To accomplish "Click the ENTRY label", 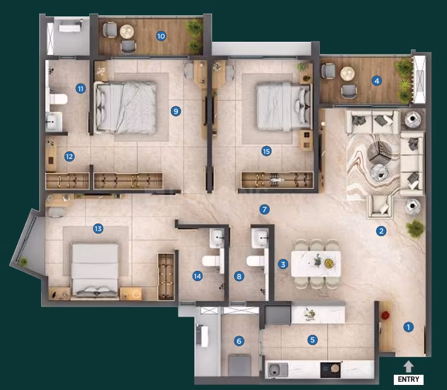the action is point(408,379).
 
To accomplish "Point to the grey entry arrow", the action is point(408,367).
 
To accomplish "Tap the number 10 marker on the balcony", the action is point(161,36).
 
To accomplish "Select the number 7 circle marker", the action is point(265,210).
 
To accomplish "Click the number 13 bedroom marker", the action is point(98,229).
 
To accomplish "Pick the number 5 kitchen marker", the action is point(312,340).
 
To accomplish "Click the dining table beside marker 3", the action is point(316,264).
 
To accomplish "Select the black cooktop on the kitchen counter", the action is point(331,370).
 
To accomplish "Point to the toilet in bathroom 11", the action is point(58,99).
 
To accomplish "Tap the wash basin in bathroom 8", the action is point(260,238).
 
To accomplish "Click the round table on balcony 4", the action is point(348,74).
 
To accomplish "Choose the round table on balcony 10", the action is point(127,32).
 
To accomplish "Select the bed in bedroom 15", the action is point(284,106).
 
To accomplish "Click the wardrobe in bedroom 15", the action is point(277,180).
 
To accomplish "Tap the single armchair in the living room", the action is point(380,206).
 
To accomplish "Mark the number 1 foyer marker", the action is point(408,327).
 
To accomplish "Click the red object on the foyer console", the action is point(385,315).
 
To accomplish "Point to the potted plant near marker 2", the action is point(415,228).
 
